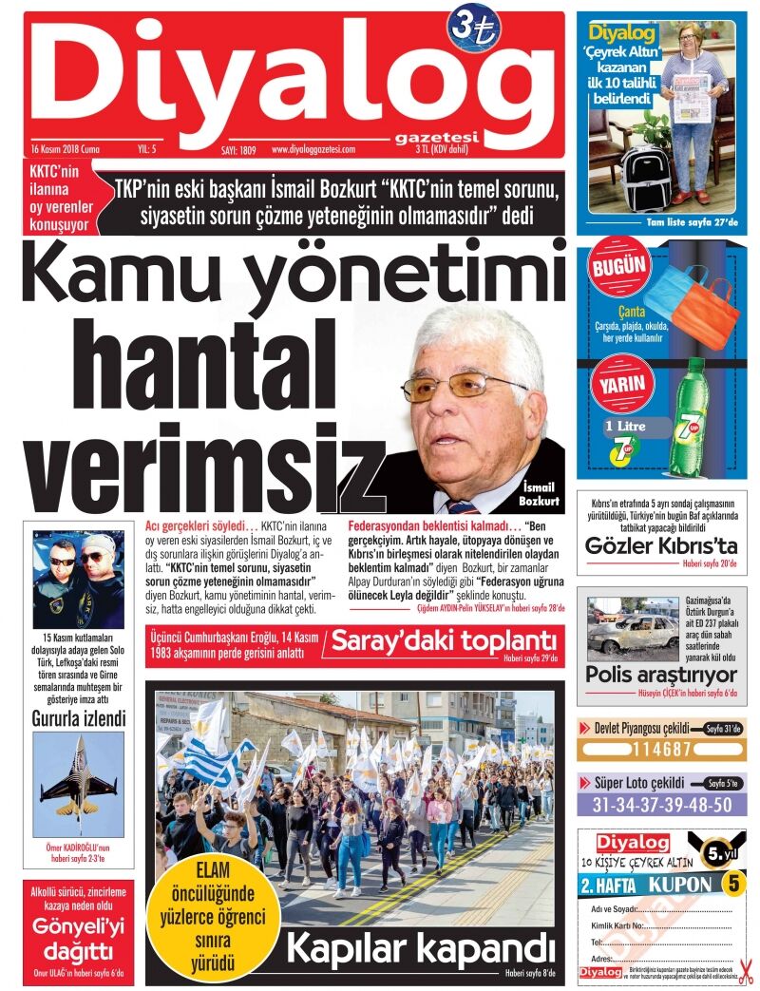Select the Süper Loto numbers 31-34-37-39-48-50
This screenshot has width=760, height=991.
pyautogui.click(x=661, y=805)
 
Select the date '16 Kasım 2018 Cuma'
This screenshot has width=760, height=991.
pyautogui.click(x=65, y=149)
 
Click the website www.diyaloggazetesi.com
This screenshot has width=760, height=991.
pyautogui.click(x=313, y=149)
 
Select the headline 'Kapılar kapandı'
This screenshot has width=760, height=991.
pyautogui.click(x=419, y=947)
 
